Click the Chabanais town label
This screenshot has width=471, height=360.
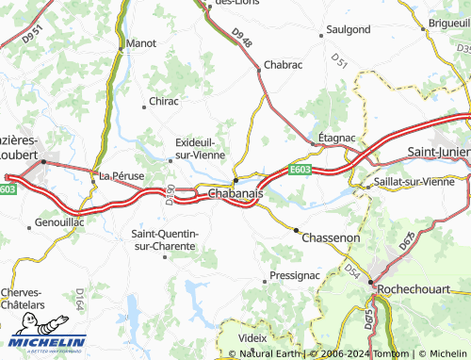(235, 192)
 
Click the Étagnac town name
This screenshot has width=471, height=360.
(336, 137)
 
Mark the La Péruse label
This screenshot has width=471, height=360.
(120, 175)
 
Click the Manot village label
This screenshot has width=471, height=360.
(141, 43)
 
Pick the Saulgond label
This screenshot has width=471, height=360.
(348, 29)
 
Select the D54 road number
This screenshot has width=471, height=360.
(351, 271)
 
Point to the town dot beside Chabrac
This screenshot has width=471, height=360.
(259, 69)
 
